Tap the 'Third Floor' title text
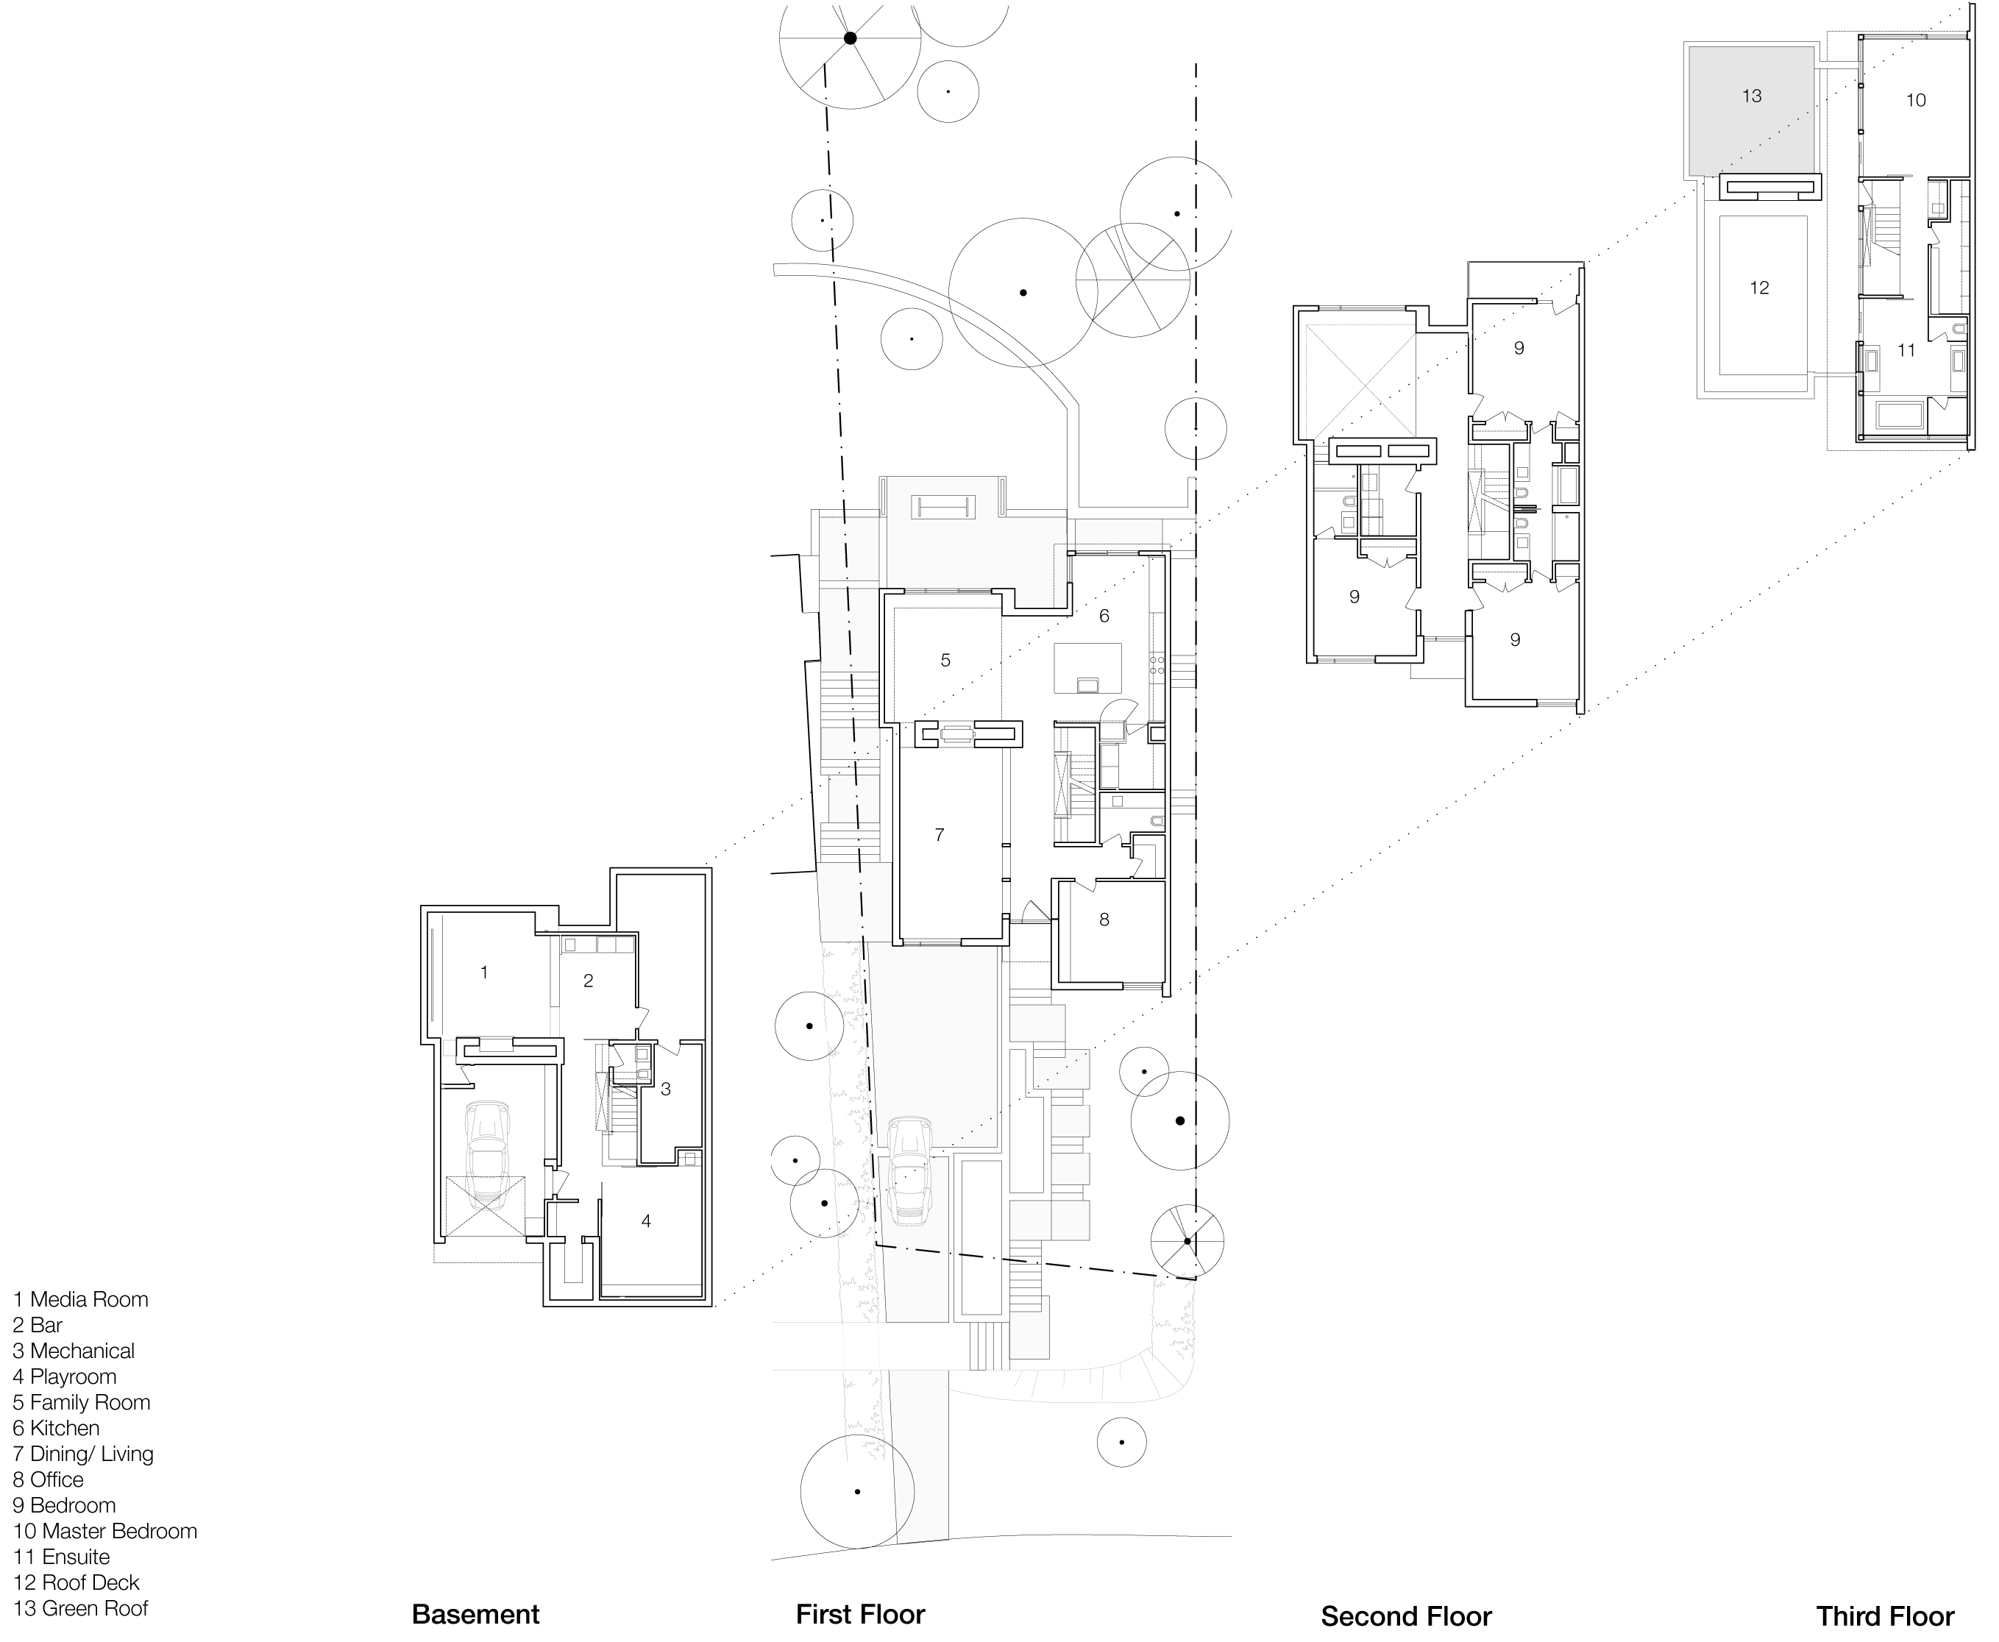tap(1884, 1615)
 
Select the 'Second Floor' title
tap(1406, 1616)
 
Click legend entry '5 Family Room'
tap(82, 1401)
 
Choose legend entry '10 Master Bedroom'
tap(105, 1530)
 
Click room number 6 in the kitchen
tap(1103, 616)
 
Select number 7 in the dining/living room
tap(939, 834)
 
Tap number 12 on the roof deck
tap(1758, 288)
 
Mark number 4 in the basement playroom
tap(646, 1221)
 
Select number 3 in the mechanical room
tap(665, 1089)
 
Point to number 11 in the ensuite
tap(1906, 350)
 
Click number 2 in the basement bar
tap(588, 981)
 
